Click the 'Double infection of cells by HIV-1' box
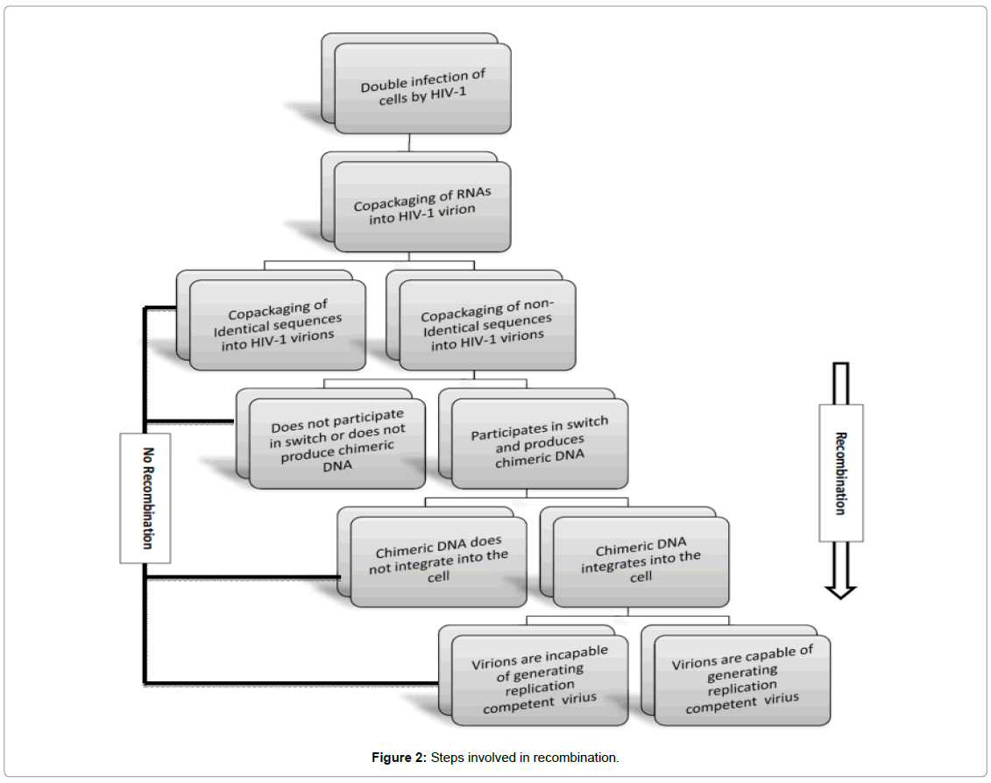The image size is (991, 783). pos(422,88)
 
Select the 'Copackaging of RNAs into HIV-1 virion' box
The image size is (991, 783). pos(422,207)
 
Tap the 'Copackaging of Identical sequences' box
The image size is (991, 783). pos(278,325)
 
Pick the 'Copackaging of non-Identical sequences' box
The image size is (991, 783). pos(487,325)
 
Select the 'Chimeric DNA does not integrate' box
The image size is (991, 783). pos(439,561)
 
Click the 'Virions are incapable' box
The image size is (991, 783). pos(540,681)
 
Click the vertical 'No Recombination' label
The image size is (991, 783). pos(145,497)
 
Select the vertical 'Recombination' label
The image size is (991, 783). pos(840,473)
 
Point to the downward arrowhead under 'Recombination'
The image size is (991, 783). pos(840,590)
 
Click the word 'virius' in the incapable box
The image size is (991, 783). pos(578,699)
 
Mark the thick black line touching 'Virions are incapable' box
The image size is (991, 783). pos(289,681)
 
